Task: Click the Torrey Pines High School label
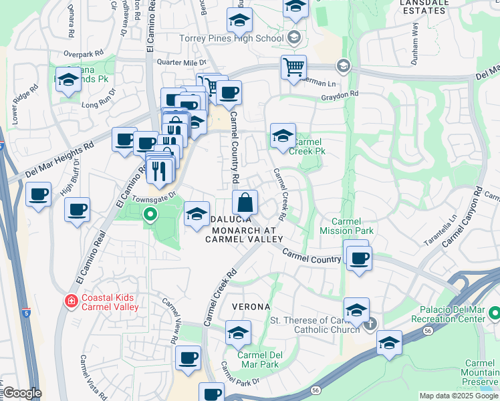[231, 38]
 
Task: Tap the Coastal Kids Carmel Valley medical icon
[70, 302]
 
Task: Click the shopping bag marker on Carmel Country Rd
[245, 202]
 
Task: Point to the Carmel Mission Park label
[354, 226]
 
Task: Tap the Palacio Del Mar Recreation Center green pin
[494, 312]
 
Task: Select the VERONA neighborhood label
[251, 307]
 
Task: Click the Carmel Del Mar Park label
[257, 360]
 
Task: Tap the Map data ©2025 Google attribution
[458, 396]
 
